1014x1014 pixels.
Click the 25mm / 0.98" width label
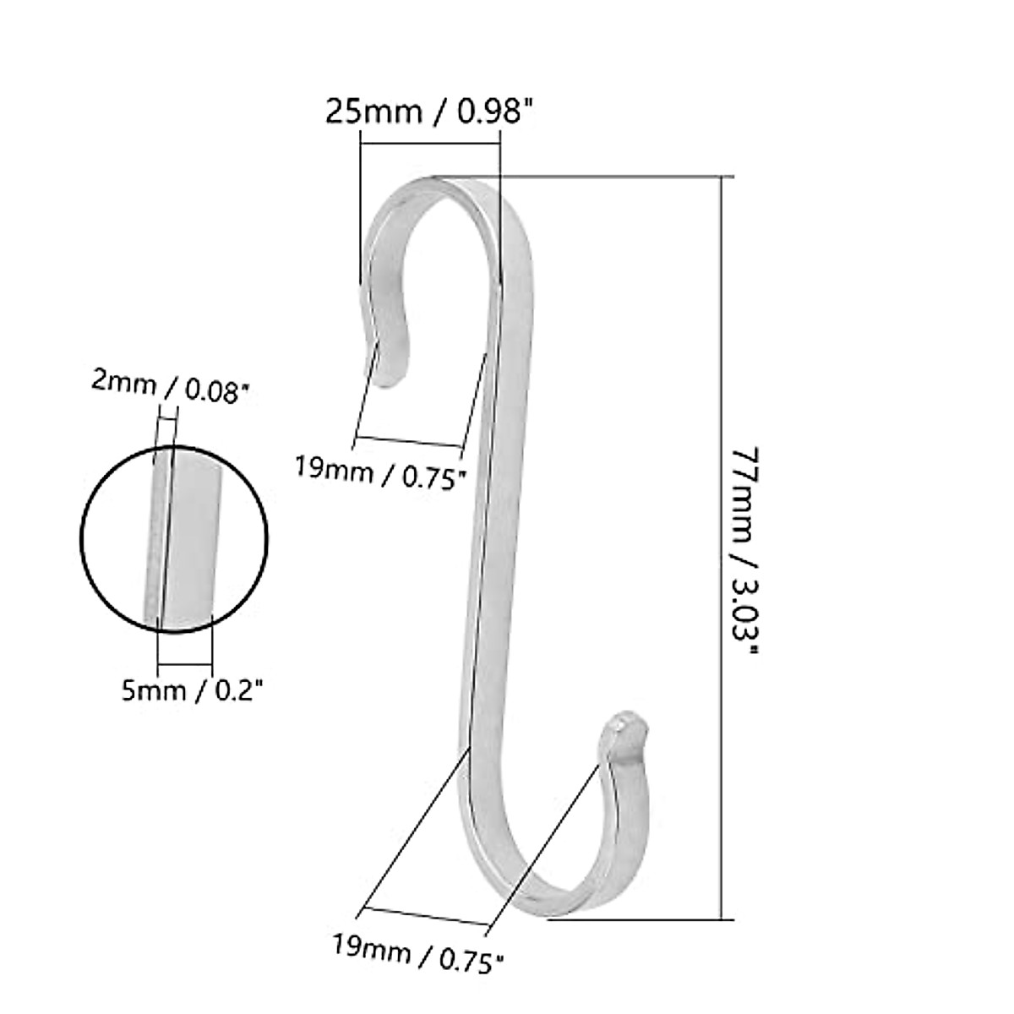(430, 112)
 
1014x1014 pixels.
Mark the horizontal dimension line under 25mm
(430, 143)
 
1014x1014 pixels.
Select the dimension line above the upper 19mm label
(410, 442)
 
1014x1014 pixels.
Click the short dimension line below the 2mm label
(166, 417)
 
